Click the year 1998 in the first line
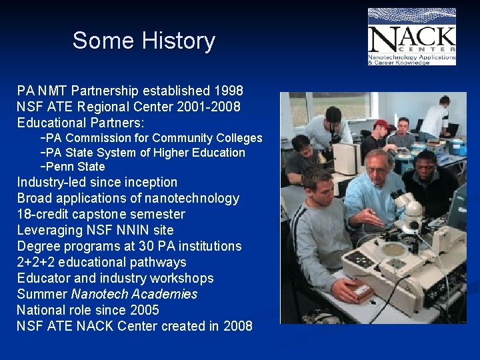pos(229,90)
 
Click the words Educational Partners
pos(81,123)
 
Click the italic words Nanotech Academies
pos(134,294)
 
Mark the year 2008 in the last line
pos(237,326)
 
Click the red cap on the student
pos(383,124)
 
